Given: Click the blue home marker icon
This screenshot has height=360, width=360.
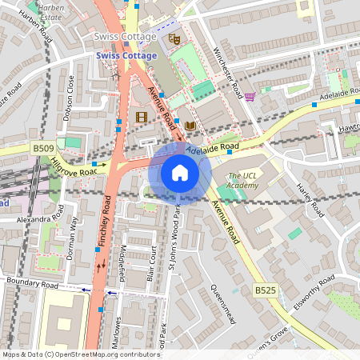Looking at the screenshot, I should (180, 173).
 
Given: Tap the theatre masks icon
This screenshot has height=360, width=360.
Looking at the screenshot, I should (174, 38).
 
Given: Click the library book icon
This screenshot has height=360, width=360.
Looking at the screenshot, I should (190, 126).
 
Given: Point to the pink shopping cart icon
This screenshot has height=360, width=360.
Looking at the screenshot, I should (250, 97).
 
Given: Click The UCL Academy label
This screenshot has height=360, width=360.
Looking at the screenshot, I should (243, 181).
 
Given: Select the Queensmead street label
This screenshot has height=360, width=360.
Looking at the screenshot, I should (221, 304).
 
